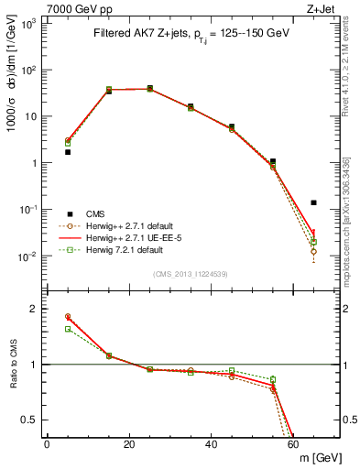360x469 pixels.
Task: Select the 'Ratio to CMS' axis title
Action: tap(15, 365)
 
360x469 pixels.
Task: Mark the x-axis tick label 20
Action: tap(129, 444)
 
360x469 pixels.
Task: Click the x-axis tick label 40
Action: tap(212, 444)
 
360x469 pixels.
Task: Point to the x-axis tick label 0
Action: tap(47, 444)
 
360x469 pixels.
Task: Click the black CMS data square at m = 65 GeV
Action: tap(314, 202)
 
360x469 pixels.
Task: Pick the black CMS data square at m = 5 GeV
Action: tap(68, 152)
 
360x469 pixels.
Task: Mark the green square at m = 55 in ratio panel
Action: tap(273, 379)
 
